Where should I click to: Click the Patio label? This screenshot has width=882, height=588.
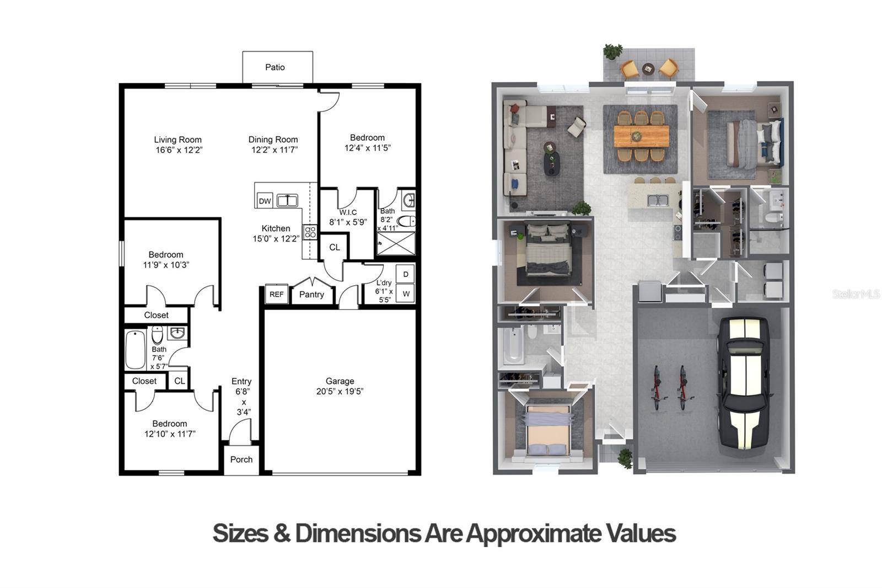(275, 67)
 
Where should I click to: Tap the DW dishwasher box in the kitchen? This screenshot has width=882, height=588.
(265, 201)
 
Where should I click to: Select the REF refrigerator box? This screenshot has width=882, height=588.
(276, 294)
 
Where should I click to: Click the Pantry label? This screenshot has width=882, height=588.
(311, 295)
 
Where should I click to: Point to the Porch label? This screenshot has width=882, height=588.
(241, 459)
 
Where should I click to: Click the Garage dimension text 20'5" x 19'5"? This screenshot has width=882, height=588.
(340, 391)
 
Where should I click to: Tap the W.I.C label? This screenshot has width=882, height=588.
(348, 212)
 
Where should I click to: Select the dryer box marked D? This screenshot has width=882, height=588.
(406, 274)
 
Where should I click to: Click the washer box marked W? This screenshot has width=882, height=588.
(406, 293)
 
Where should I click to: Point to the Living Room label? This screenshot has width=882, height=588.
(178, 140)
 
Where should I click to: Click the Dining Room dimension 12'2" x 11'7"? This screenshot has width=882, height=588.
(275, 150)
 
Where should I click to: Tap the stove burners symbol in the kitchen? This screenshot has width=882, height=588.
(310, 232)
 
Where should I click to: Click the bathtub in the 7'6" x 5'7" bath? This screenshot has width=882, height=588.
(136, 350)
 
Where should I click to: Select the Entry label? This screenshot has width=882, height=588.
(241, 381)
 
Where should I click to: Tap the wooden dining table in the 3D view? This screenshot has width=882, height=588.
(642, 136)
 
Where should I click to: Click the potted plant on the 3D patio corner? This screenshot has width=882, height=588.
(612, 52)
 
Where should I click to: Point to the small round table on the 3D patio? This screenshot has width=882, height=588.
(648, 68)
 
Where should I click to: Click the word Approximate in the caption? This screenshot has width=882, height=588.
(535, 533)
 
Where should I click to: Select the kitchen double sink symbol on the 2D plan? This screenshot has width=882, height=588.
(287, 201)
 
